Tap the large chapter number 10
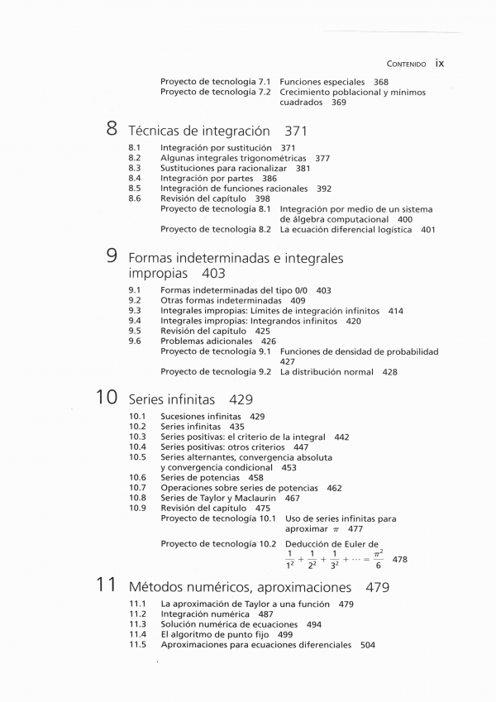click(105, 398)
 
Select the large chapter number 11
click(105, 585)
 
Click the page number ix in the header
click(440, 62)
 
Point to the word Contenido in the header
click(406, 63)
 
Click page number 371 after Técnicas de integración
click(295, 131)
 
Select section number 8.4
click(135, 179)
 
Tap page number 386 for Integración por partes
click(269, 179)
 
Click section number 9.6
click(135, 341)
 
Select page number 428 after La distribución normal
click(390, 372)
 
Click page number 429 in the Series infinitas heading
click(241, 399)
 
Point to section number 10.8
click(137, 498)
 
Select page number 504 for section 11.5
click(368, 644)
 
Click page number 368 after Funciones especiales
click(381, 82)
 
